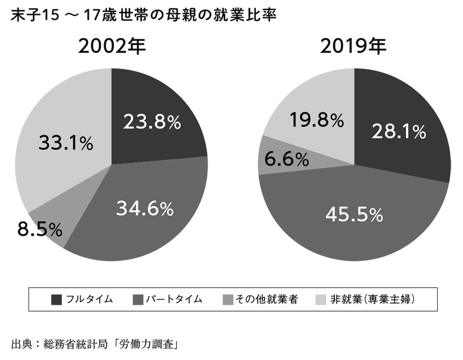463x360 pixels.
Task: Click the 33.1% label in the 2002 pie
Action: tap(66, 144)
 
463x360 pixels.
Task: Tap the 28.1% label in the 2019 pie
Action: tap(399, 132)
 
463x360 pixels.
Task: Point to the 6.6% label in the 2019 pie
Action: tap(287, 160)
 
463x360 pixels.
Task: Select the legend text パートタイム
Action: tap(174, 299)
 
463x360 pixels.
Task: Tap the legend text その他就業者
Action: tap(266, 299)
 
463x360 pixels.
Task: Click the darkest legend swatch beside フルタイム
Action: tap(56, 299)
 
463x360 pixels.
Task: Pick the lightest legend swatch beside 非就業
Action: tap(319, 299)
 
